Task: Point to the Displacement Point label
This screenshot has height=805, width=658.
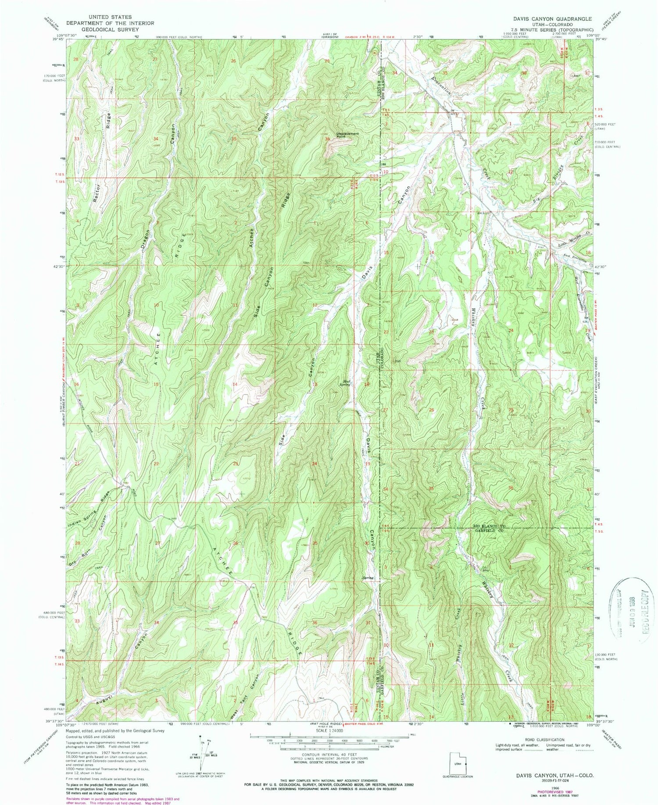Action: click(x=347, y=135)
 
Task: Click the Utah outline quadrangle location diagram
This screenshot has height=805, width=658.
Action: click(x=458, y=764)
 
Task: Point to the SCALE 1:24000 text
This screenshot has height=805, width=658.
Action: click(x=329, y=731)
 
